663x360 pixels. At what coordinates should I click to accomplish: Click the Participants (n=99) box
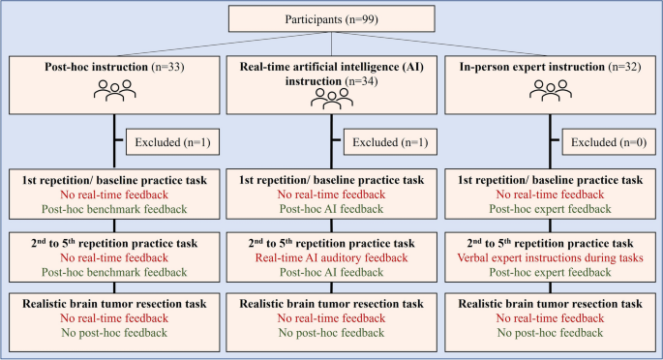click(331, 18)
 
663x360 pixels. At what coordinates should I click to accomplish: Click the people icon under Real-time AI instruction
click(332, 100)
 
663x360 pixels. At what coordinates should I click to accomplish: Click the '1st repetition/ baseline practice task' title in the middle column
click(332, 179)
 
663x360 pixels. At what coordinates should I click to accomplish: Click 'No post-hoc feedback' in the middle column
click(332, 335)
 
